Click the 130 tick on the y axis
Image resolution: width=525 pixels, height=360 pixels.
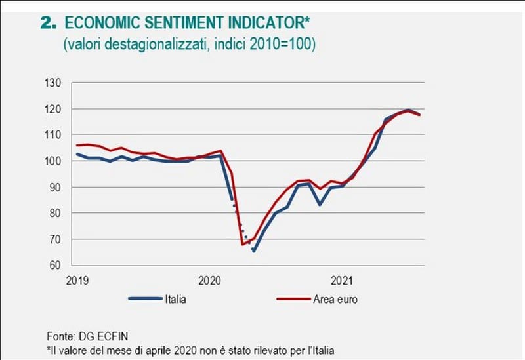click(52, 83)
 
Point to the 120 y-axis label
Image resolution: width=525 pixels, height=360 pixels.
click(52, 109)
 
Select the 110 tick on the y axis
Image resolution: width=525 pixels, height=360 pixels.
click(52, 135)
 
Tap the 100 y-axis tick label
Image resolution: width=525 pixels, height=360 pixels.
click(52, 161)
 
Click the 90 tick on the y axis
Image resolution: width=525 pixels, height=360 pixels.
click(54, 188)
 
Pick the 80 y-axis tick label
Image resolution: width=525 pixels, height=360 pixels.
click(54, 213)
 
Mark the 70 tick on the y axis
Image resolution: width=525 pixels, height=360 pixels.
click(54, 239)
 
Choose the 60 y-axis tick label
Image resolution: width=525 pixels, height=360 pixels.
click(54, 266)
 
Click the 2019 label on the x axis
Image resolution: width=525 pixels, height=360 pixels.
click(77, 281)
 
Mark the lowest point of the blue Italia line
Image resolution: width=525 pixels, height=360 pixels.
click(253, 250)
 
